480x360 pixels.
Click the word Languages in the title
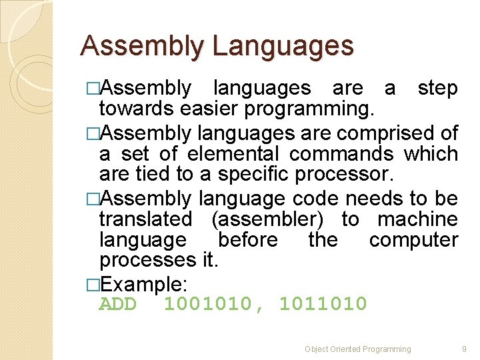(283, 46)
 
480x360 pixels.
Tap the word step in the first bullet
(437, 88)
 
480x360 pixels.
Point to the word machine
(418, 219)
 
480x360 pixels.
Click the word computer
(413, 240)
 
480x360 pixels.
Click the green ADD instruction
(117, 305)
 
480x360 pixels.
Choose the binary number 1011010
(323, 305)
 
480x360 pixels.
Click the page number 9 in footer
(464, 349)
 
